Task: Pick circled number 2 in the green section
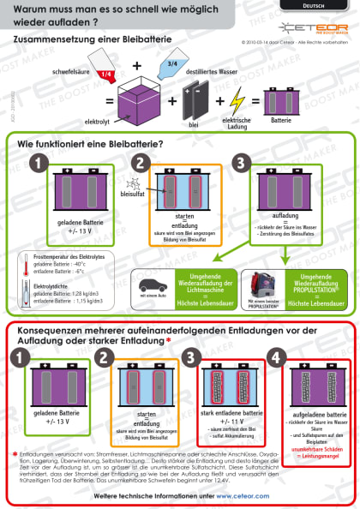coord(141,164)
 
